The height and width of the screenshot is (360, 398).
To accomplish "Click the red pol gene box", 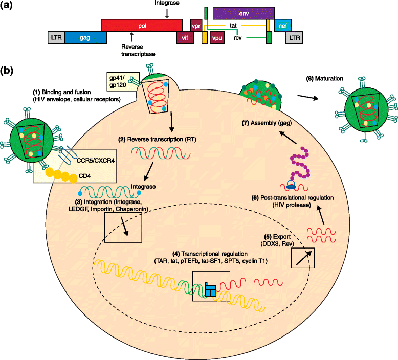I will [x=141, y=26].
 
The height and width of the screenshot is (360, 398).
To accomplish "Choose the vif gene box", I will [x=184, y=38].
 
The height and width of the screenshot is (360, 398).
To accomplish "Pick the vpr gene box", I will [x=195, y=26].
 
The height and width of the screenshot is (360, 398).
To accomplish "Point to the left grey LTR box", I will [x=56, y=38].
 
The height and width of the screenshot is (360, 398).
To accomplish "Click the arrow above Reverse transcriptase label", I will [x=131, y=36].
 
